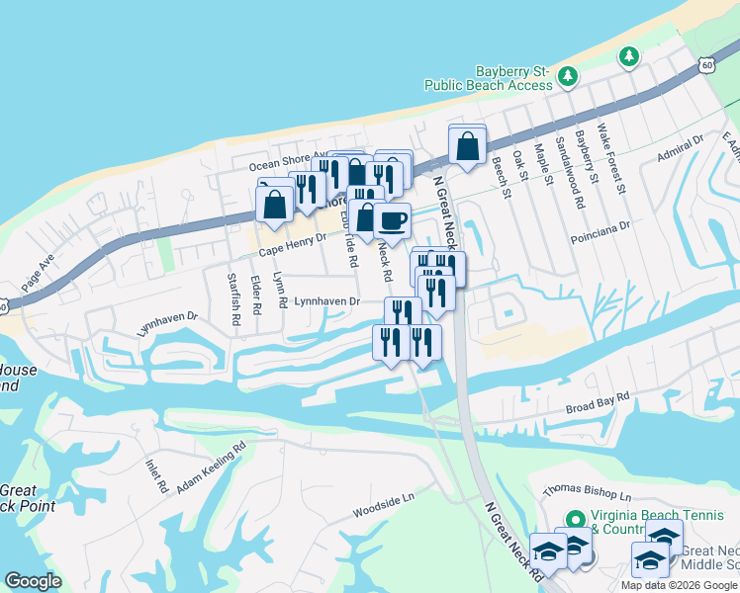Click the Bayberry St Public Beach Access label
(488, 78)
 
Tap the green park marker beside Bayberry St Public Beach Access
(567, 75)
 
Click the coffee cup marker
(392, 221)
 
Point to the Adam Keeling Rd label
(210, 468)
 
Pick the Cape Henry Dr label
(293, 243)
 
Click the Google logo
(34, 580)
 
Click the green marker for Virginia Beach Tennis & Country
(574, 518)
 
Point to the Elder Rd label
(255, 296)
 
